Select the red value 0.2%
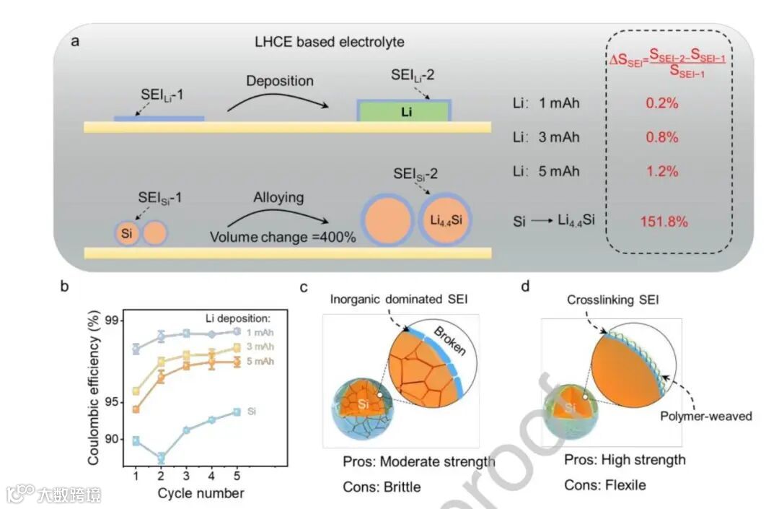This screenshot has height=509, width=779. click(661, 103)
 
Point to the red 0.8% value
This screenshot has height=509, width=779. click(661, 137)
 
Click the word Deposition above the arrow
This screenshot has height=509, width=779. click(280, 80)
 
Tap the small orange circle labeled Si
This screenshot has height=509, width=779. click(128, 233)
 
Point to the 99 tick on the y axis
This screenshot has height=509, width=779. click(112, 320)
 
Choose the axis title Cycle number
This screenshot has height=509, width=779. click(201, 494)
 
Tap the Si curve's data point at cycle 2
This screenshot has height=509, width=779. click(161, 458)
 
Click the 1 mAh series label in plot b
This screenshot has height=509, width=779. click(259, 333)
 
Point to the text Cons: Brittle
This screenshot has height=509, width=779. click(382, 487)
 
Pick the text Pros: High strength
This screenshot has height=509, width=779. click(625, 460)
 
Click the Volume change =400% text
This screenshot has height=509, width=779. click(283, 237)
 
